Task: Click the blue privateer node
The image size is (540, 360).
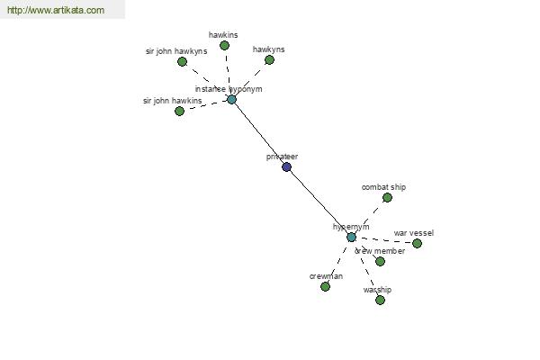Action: point(286,166)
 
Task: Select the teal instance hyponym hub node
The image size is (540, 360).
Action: point(231,99)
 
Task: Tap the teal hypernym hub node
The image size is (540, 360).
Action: point(351,237)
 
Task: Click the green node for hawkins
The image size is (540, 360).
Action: point(224,45)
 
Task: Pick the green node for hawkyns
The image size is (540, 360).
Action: point(269,59)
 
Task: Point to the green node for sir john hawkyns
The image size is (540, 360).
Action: point(182,61)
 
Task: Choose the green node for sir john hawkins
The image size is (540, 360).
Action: point(179,111)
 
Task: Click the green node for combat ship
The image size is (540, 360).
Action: point(387,197)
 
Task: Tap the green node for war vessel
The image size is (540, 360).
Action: point(417,243)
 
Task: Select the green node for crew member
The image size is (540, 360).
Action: point(380,261)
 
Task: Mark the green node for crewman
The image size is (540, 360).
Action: point(325,286)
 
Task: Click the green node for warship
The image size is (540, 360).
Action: point(380,300)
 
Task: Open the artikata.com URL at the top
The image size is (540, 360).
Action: point(56,11)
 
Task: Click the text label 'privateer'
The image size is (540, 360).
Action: point(282,157)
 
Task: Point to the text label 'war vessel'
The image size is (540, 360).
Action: point(413,233)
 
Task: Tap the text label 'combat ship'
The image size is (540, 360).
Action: point(383,187)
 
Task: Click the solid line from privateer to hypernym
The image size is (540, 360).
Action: point(319,202)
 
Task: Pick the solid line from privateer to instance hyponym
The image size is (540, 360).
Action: point(258,132)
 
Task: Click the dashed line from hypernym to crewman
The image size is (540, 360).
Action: point(338,261)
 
